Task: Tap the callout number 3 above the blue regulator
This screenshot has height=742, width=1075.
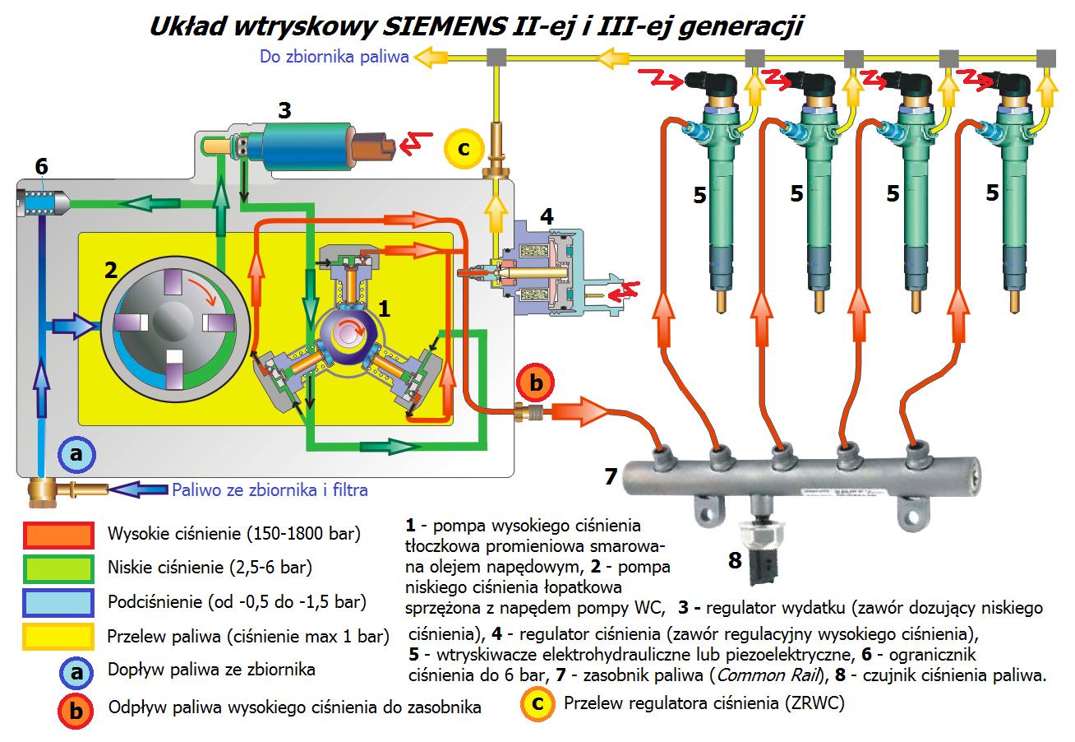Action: [x=284, y=110]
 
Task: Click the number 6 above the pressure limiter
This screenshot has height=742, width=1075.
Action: [x=42, y=167]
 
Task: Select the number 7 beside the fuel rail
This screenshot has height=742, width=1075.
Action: [x=611, y=476]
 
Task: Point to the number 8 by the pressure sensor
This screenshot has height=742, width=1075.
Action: [x=735, y=560]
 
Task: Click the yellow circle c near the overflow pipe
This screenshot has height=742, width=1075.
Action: [x=464, y=148]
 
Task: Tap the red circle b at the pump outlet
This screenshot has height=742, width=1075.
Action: [x=536, y=383]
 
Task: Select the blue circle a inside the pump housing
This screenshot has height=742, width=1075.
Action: [x=76, y=454]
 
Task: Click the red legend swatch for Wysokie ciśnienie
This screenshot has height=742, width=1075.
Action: [x=58, y=535]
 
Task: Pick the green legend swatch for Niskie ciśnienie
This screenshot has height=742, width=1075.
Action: [x=58, y=569]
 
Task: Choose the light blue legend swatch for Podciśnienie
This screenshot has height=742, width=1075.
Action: [x=58, y=603]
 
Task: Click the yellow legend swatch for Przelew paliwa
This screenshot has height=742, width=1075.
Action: [x=58, y=637]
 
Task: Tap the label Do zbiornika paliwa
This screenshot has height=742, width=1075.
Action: [x=334, y=57]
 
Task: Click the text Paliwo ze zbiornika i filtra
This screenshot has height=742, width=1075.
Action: [x=270, y=489]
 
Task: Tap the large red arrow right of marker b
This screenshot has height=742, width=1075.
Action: [x=579, y=411]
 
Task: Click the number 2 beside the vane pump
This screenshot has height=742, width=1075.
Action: [x=111, y=270]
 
